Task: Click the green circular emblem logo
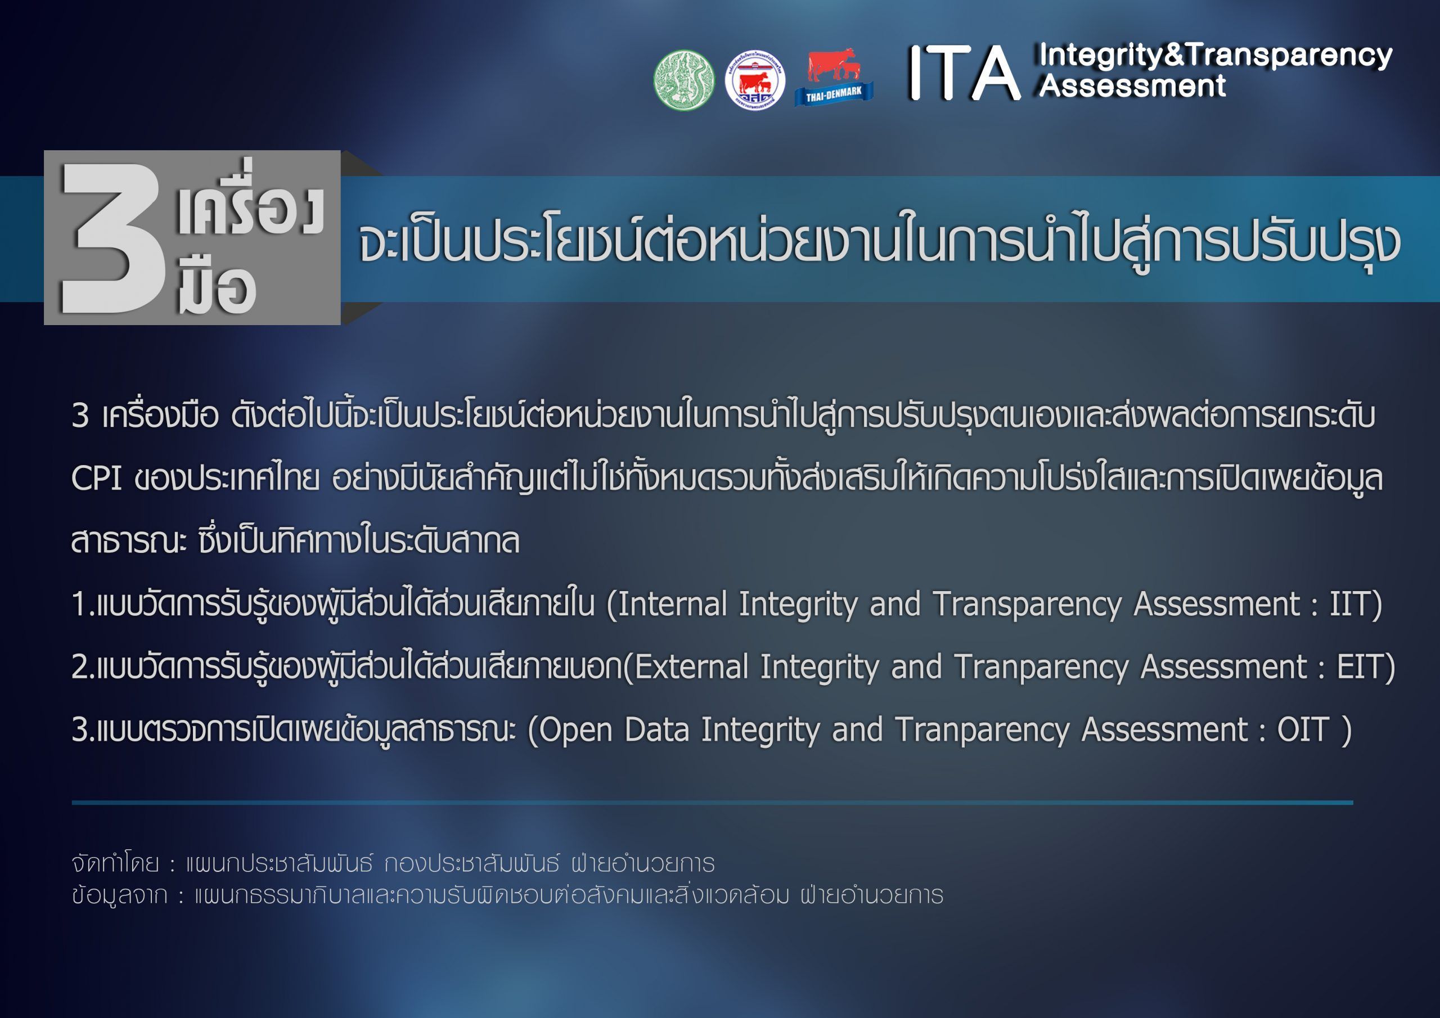click(x=683, y=80)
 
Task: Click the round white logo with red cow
click(x=755, y=80)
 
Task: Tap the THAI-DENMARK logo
click(x=834, y=77)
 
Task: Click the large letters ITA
click(x=964, y=73)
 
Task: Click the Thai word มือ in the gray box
click(x=217, y=285)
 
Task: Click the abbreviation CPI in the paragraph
click(x=96, y=479)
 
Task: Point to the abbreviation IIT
click(x=1354, y=604)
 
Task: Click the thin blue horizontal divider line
click(x=713, y=802)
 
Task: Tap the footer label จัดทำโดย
click(x=115, y=864)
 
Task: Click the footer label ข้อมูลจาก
click(x=119, y=895)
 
